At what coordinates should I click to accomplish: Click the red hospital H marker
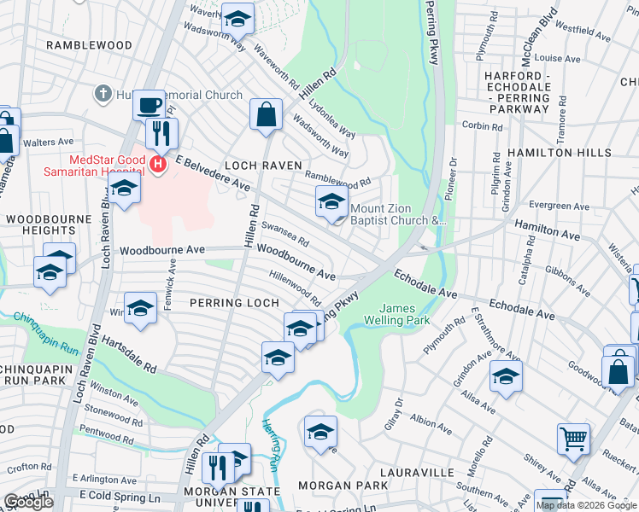pyautogui.click(x=156, y=165)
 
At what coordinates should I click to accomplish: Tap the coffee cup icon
pyautogui.click(x=149, y=105)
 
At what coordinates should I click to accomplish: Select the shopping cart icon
pyautogui.click(x=573, y=439)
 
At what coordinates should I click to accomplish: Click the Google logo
pyautogui.click(x=28, y=502)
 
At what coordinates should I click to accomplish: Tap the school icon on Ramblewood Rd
pyautogui.click(x=331, y=202)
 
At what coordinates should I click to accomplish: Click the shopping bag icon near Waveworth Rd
pyautogui.click(x=266, y=113)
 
